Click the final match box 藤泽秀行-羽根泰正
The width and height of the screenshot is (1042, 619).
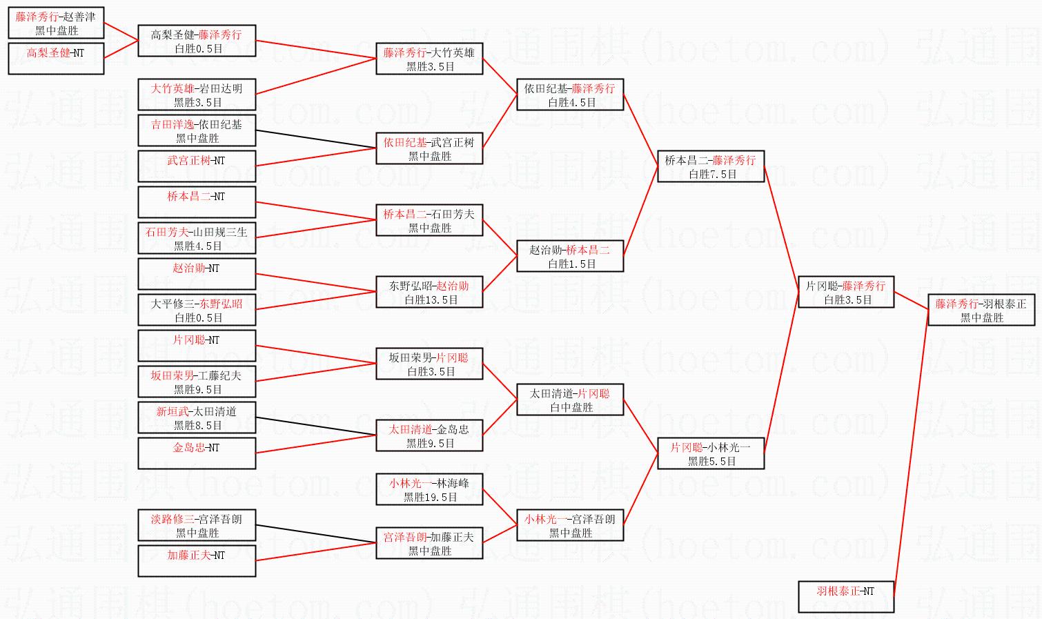tap(981, 310)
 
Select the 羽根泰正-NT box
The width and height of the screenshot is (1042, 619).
tap(846, 597)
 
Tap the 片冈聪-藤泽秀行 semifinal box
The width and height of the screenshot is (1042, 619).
tap(846, 292)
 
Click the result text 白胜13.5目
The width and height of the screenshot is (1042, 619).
tap(431, 300)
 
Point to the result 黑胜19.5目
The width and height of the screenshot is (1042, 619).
tap(431, 497)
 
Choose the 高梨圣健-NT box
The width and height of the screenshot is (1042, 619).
tap(56, 59)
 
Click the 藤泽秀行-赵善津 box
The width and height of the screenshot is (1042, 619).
tap(56, 23)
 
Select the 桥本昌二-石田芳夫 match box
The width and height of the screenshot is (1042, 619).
tap(429, 220)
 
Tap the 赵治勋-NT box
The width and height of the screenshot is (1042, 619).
tap(197, 274)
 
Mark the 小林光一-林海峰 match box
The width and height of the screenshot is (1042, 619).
tap(429, 489)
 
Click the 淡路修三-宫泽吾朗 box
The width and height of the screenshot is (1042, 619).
tap(197, 525)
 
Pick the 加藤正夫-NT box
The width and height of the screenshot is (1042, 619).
tap(197, 561)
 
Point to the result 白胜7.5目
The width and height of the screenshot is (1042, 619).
tap(713, 175)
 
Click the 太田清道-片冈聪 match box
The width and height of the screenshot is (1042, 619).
tap(570, 400)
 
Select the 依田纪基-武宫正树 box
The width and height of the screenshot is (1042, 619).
tap(429, 148)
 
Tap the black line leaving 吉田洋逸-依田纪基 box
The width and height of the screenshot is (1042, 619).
tap(316, 139)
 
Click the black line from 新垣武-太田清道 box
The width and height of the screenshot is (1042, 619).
tap(316, 426)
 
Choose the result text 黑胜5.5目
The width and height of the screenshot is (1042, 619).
tap(711, 462)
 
